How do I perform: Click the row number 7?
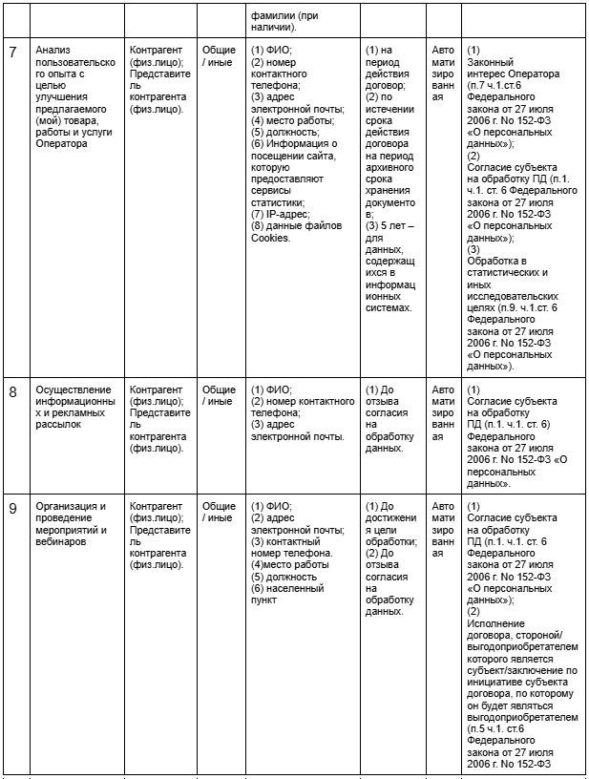13,52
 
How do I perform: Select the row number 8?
13,391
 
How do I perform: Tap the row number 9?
13,508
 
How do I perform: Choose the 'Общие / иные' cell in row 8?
219,395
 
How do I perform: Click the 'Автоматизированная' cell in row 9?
443,529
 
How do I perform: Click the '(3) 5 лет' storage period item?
386,272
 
